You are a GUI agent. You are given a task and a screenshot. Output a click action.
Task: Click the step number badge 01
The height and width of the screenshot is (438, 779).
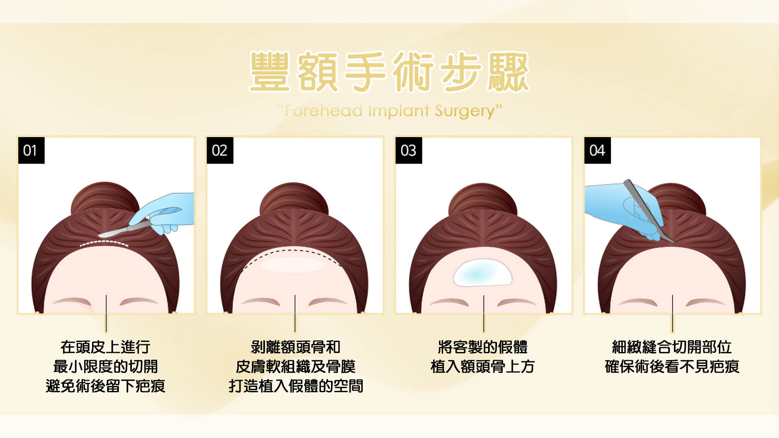pos(31,150)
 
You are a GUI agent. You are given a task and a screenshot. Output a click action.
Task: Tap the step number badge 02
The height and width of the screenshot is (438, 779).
pos(220,150)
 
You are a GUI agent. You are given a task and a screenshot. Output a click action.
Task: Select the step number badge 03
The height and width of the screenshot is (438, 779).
pos(409,150)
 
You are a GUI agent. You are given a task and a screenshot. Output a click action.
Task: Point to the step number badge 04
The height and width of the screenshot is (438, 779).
pos(597,150)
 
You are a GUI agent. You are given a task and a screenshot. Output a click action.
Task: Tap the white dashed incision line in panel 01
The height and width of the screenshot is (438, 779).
pos(104,243)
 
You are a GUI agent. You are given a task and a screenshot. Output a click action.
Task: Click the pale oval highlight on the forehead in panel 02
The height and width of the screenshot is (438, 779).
pos(293,265)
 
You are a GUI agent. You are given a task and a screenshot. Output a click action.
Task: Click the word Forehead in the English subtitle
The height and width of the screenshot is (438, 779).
pos(324,111)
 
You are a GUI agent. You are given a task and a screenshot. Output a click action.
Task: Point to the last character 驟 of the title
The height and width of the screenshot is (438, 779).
pos(509,72)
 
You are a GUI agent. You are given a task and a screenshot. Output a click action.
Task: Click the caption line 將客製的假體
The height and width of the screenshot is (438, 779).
pos(483,347)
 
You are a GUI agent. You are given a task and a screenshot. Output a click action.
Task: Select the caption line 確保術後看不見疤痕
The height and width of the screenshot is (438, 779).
pos(672,367)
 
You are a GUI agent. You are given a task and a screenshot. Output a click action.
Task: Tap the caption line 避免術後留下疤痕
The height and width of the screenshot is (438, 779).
pos(105,386)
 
